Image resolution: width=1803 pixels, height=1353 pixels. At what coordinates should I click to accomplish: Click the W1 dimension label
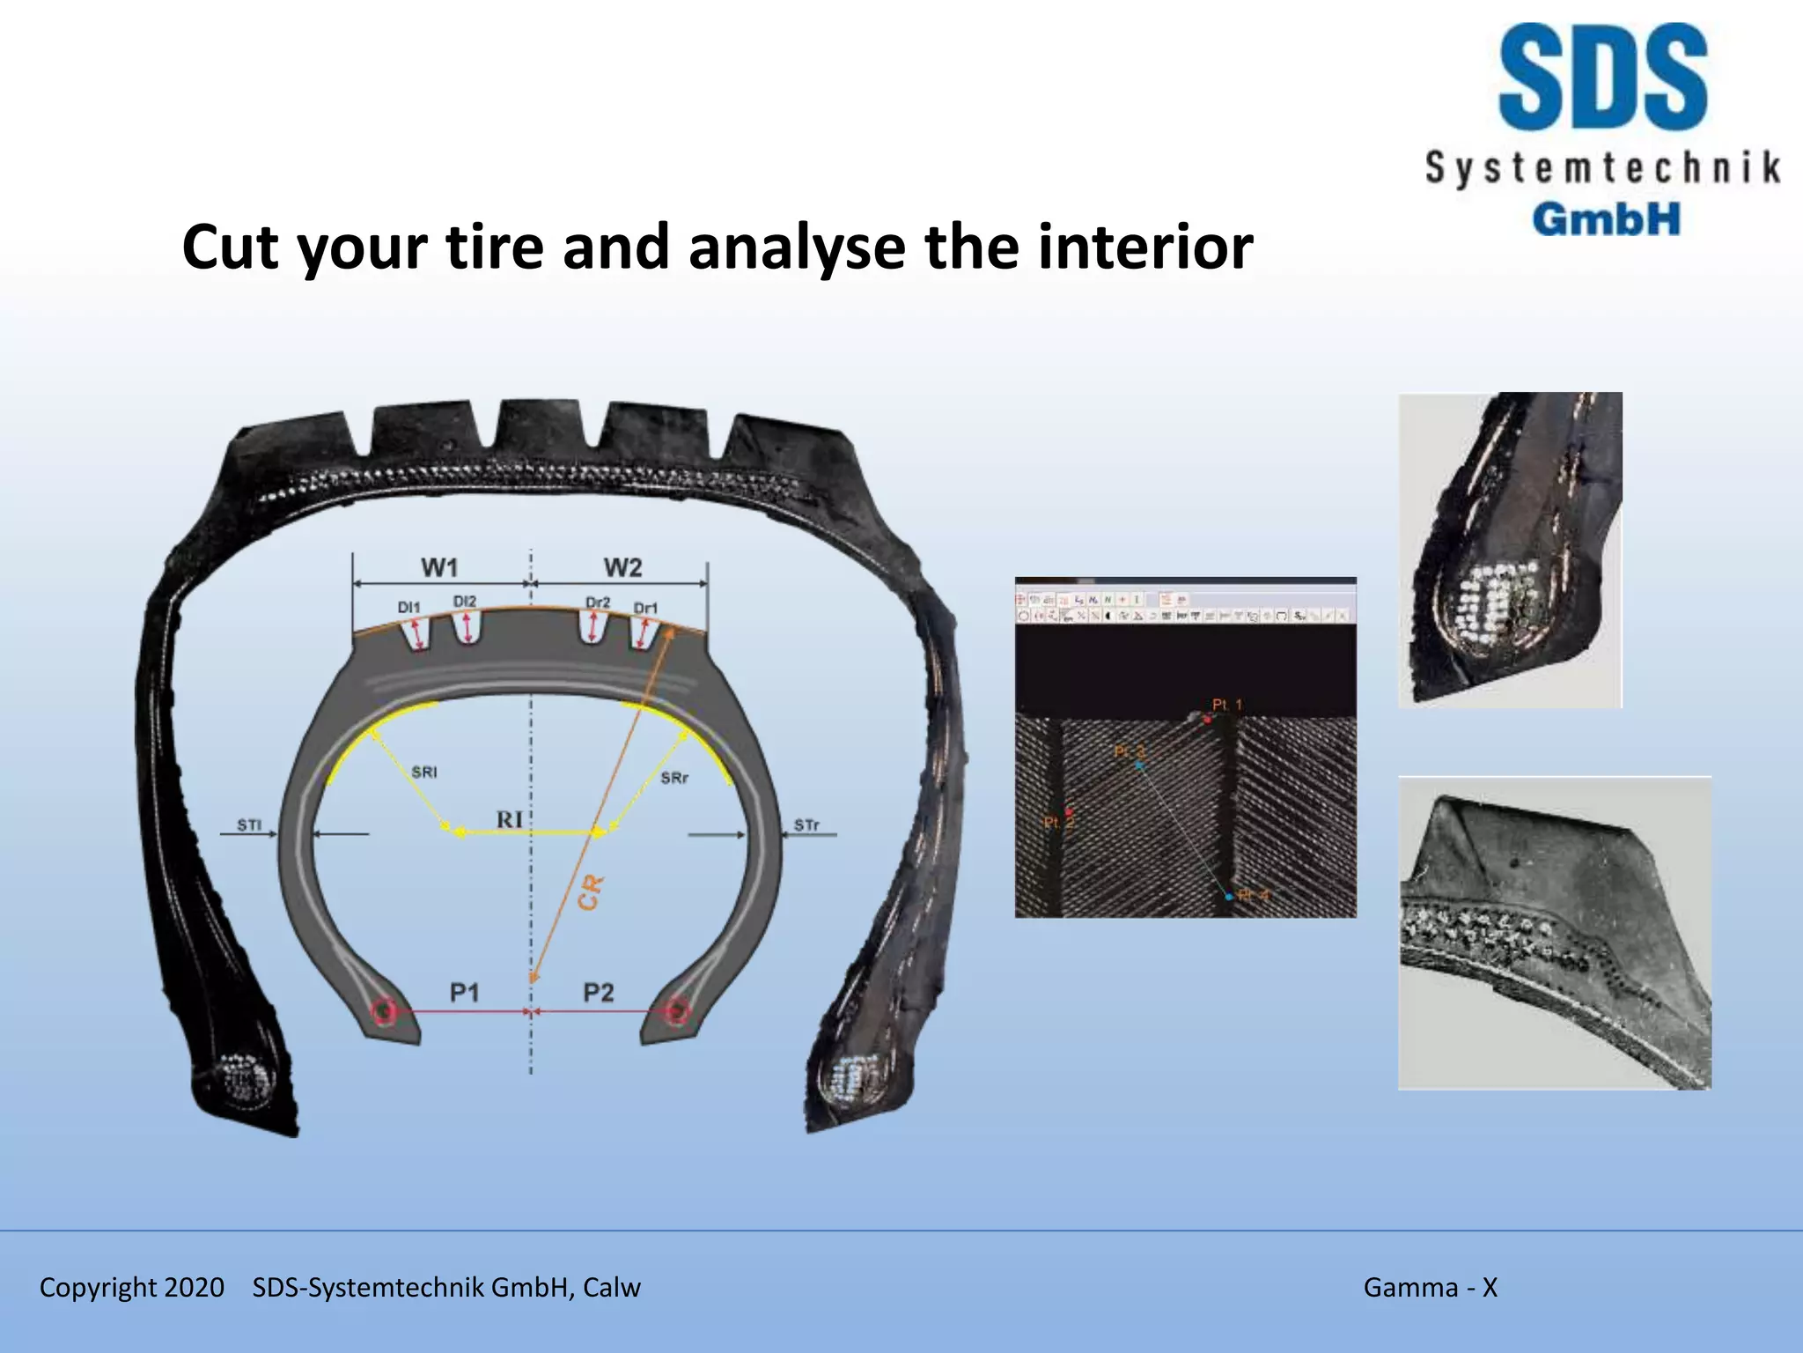[439, 567]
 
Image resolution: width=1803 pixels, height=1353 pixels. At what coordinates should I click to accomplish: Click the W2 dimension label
[622, 568]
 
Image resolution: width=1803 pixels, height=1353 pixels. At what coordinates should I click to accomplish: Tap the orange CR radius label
[590, 892]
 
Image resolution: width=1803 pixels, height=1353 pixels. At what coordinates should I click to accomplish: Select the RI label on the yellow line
[510, 819]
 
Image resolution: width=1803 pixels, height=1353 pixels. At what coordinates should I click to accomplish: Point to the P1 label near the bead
[464, 993]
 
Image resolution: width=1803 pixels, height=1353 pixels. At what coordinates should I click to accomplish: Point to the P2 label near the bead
[598, 993]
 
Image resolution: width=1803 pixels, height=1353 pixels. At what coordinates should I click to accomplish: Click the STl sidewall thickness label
[249, 825]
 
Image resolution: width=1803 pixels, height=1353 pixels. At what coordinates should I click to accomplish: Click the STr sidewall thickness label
[806, 825]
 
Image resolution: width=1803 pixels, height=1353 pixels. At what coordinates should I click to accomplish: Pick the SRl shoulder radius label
[423, 773]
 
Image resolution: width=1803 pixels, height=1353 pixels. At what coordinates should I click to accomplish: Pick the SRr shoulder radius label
[674, 778]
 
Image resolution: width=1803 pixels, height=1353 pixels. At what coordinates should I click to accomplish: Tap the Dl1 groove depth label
[409, 607]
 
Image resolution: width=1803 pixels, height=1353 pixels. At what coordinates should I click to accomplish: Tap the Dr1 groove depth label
[645, 608]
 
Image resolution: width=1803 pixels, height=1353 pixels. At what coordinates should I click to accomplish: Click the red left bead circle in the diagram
[384, 1012]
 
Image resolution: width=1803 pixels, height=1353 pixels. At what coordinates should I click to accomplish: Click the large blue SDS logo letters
[1602, 79]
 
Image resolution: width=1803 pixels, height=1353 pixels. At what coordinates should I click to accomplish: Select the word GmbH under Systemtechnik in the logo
[1606, 218]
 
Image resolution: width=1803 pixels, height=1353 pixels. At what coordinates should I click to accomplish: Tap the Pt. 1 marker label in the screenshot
[1226, 705]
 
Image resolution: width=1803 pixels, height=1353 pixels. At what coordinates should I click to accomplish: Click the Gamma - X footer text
[1430, 1287]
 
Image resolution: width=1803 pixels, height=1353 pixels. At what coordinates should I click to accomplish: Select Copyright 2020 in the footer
[132, 1287]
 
